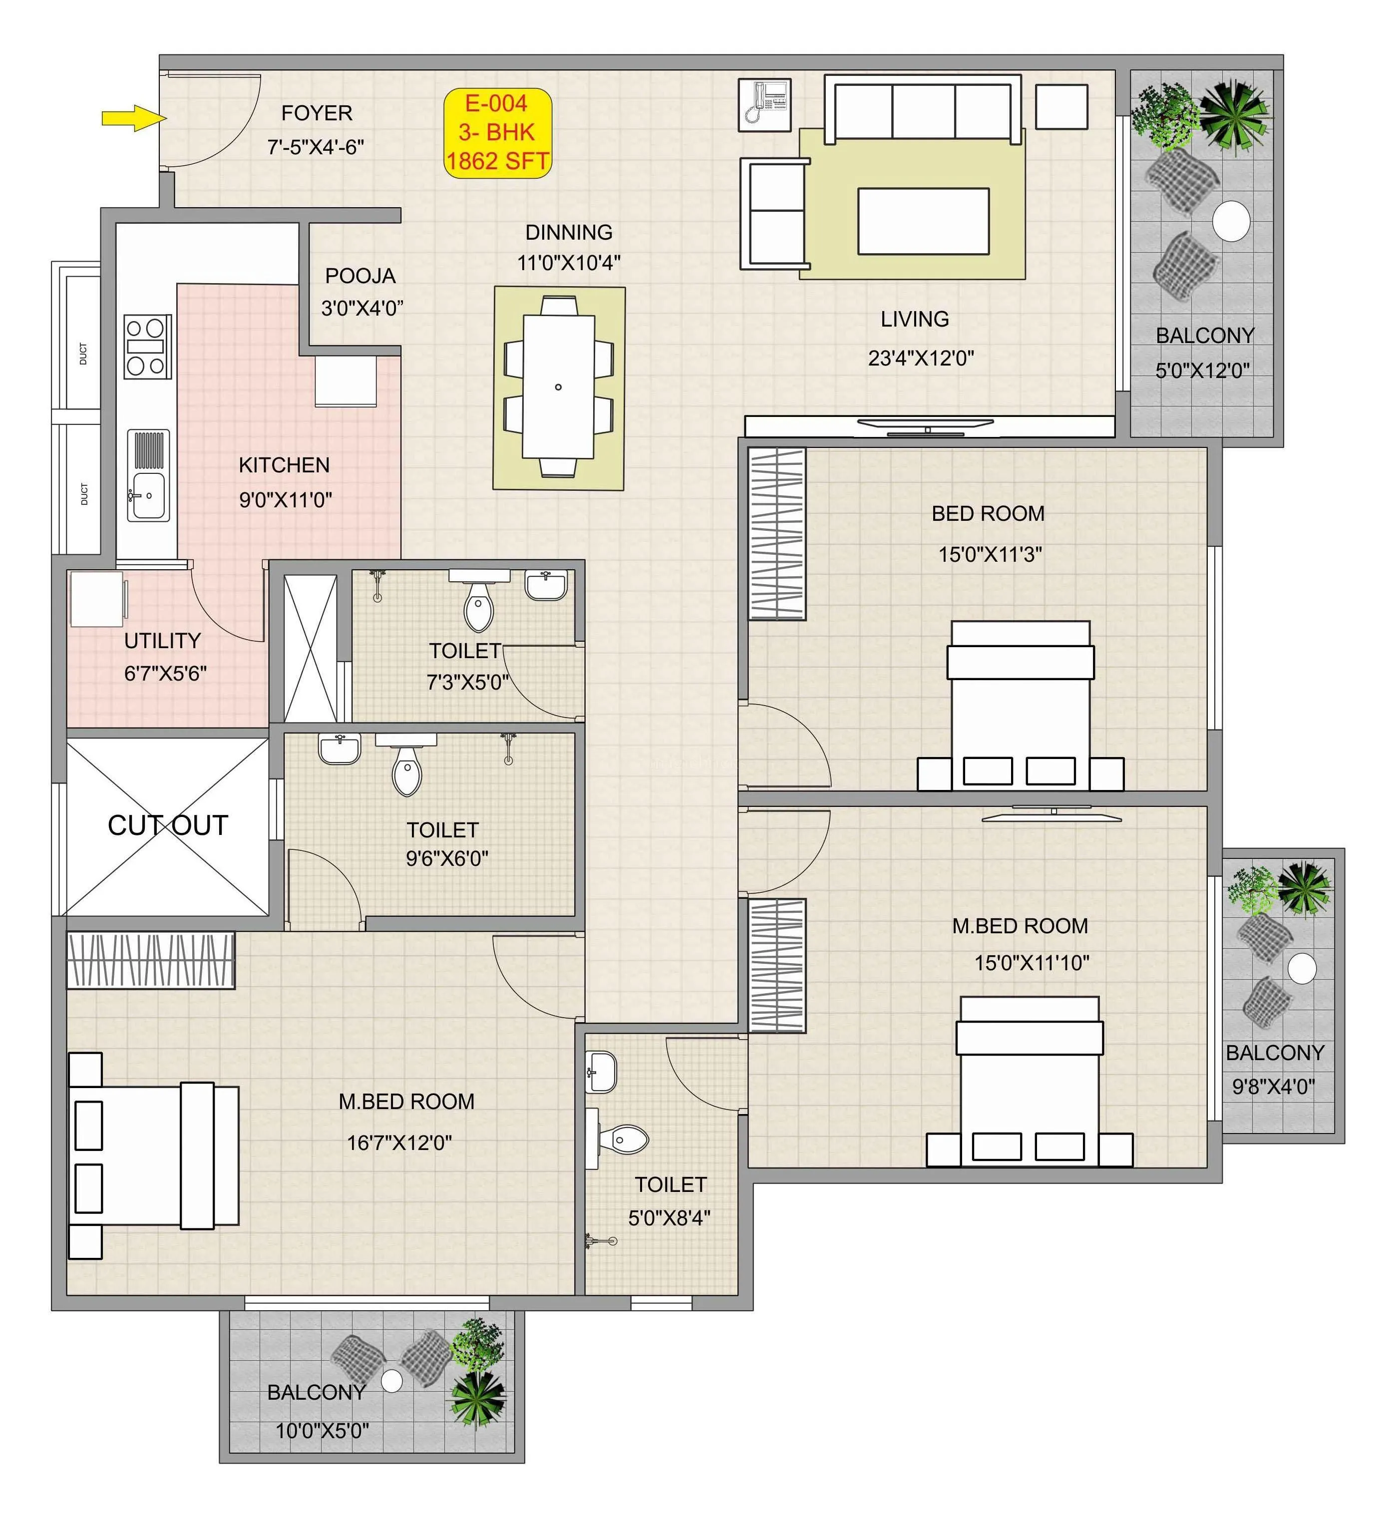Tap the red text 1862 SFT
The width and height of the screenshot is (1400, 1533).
497,161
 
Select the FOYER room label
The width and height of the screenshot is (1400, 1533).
317,113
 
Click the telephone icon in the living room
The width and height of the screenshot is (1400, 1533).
765,104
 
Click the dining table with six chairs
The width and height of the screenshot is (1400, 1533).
558,387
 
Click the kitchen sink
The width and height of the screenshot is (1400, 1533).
147,496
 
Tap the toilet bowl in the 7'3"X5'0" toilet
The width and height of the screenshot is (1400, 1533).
478,607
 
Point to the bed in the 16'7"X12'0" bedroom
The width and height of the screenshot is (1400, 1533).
154,1156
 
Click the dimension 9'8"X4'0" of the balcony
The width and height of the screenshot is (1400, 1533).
1273,1086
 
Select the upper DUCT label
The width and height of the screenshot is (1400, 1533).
83,354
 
